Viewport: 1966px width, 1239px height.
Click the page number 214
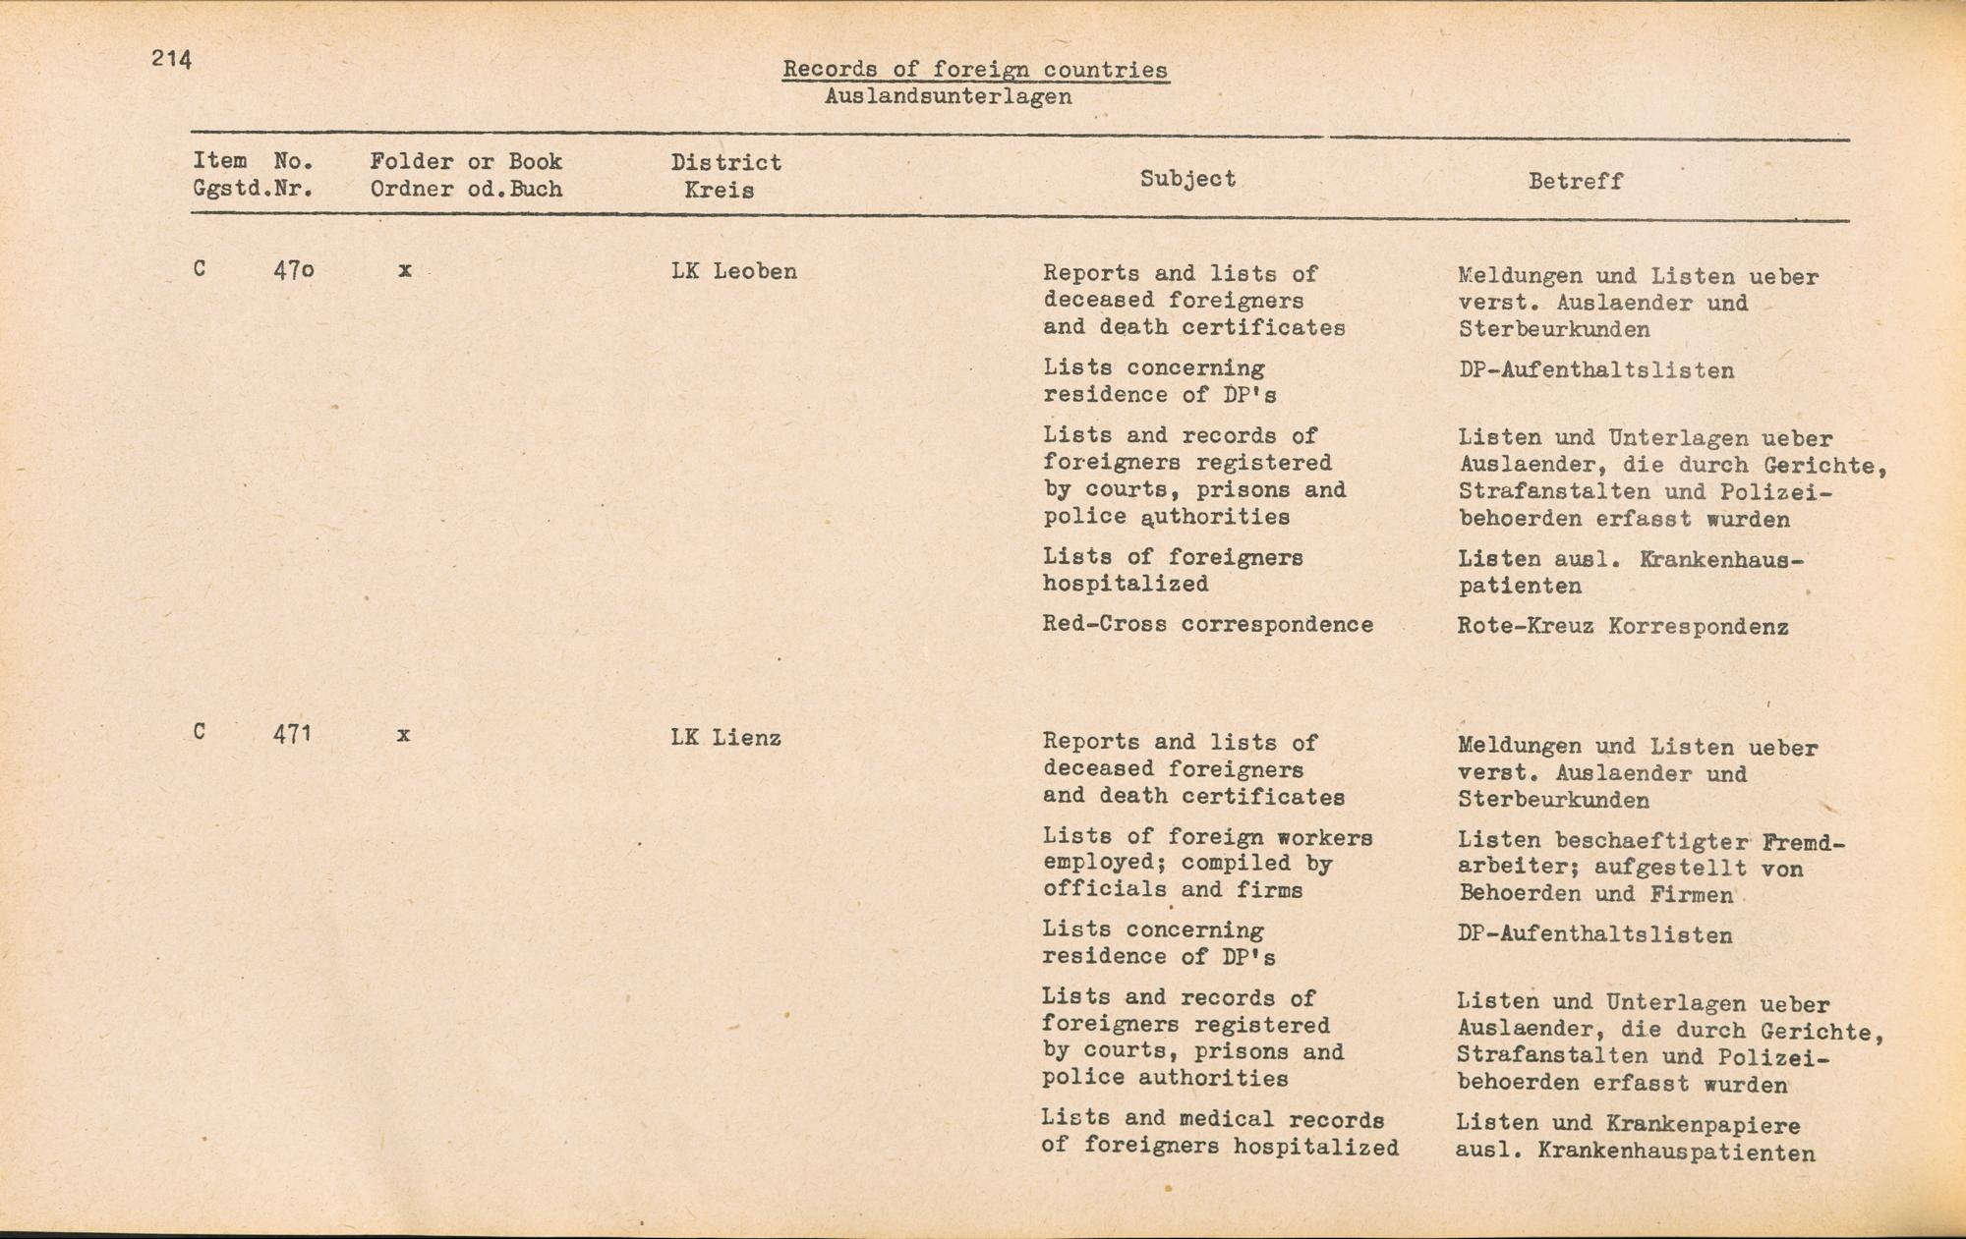click(x=171, y=59)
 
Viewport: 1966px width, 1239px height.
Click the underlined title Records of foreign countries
click(x=975, y=70)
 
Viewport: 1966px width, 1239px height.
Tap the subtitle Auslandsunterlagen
click(x=948, y=97)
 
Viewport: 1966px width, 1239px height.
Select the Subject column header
click(x=1187, y=179)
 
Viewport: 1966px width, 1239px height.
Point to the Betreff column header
click(x=1575, y=182)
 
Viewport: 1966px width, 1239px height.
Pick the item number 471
click(x=292, y=734)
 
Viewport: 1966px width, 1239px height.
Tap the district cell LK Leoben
click(x=733, y=271)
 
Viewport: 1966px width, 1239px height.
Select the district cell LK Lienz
click(x=725, y=738)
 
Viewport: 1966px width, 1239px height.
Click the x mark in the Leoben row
click(x=404, y=269)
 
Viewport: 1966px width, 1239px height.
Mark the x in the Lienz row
click(x=403, y=735)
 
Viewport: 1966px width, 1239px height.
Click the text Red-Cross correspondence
click(x=1207, y=625)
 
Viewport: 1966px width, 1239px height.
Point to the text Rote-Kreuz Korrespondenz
click(x=1622, y=627)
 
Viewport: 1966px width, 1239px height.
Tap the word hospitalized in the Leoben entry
click(x=1126, y=585)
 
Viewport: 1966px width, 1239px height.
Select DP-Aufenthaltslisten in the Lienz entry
click(x=1594, y=935)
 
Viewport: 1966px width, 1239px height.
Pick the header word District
click(x=725, y=162)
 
